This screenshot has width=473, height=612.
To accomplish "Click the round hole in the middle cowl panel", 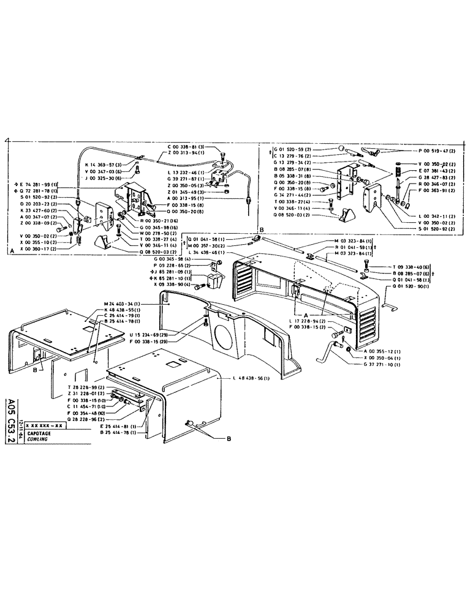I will (224, 336).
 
